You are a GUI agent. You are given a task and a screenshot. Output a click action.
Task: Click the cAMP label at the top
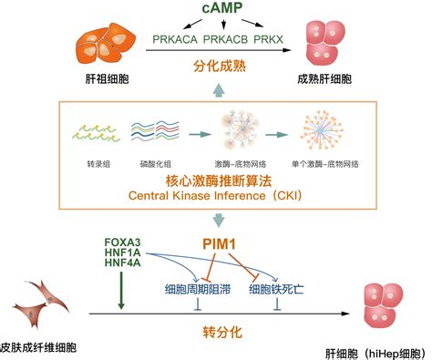click(x=217, y=11)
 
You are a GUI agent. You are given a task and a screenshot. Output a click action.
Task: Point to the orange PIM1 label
click(x=219, y=243)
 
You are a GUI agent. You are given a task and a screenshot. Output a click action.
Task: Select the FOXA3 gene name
click(x=123, y=242)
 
